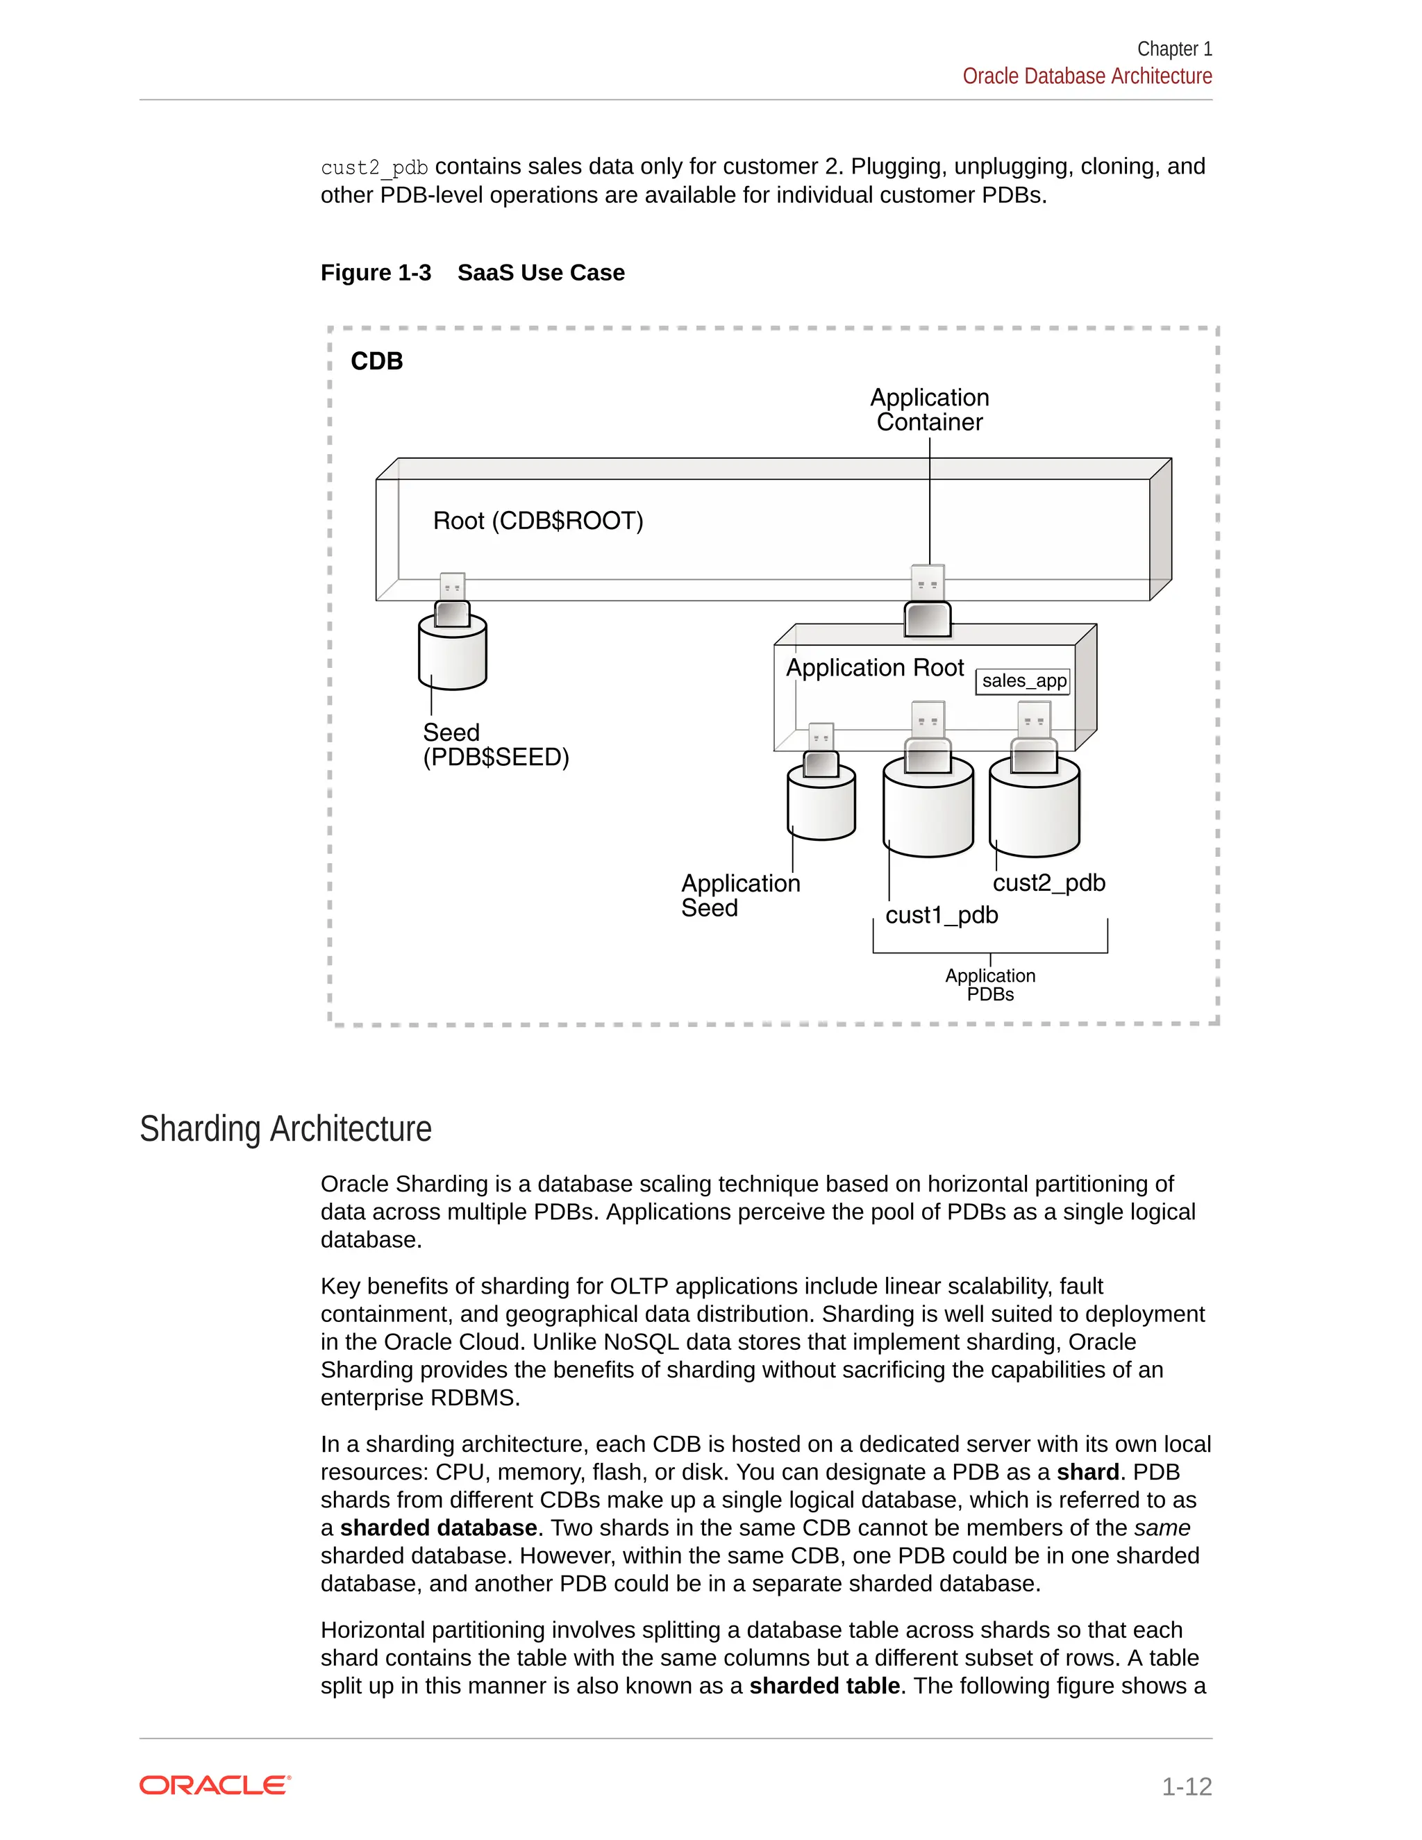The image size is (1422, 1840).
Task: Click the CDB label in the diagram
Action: [x=376, y=362]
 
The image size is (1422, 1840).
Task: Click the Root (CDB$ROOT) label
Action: [x=537, y=521]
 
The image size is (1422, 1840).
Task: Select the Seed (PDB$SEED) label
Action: [x=495, y=745]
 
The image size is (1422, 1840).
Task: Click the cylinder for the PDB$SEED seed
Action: [x=453, y=655]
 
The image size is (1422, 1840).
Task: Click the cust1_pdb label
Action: [x=941, y=915]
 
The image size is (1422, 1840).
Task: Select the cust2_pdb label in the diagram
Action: [x=1049, y=883]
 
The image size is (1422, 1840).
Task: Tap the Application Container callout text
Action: [x=929, y=410]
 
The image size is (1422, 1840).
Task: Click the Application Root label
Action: [x=874, y=668]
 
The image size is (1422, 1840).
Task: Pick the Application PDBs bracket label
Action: [x=990, y=985]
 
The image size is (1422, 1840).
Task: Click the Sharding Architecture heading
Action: [x=285, y=1129]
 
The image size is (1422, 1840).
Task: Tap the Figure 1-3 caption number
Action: [x=376, y=273]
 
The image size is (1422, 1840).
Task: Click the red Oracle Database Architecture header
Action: [x=1087, y=76]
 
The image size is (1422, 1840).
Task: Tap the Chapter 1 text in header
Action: [x=1173, y=49]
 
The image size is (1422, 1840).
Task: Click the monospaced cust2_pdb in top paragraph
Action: [x=374, y=167]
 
